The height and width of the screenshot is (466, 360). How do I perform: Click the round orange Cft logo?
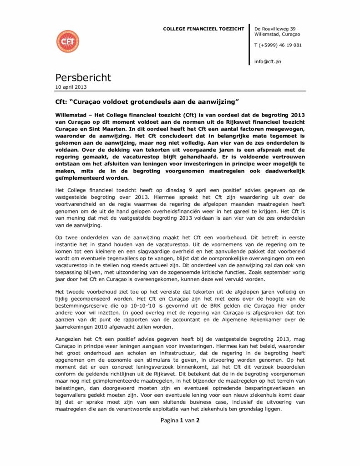pos(67,41)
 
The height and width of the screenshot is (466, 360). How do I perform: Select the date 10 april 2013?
pos(71,87)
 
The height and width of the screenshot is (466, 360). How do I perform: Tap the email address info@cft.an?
pos(268,61)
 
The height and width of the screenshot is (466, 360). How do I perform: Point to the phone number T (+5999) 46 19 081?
pos(278,45)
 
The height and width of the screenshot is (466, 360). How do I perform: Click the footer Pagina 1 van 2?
pos(180,420)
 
